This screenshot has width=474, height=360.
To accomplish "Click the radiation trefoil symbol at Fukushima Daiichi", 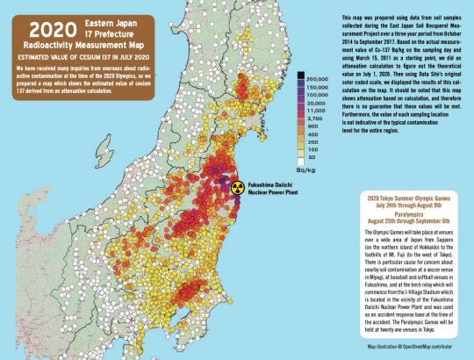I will pyautogui.click(x=234, y=187).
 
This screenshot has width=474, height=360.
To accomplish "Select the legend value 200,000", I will pyautogui.click(x=319, y=78).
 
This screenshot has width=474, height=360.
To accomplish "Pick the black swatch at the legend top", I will pyautogui.click(x=300, y=77).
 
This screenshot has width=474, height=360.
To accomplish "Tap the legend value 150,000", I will pyautogui.click(x=319, y=87).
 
